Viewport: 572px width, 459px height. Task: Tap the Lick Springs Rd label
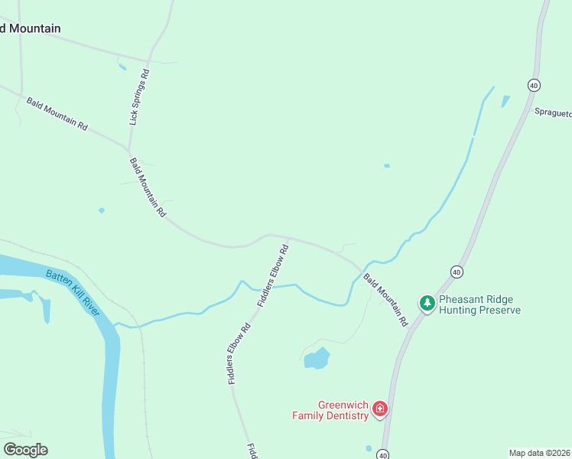tap(139, 97)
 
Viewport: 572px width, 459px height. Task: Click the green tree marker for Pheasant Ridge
tap(427, 304)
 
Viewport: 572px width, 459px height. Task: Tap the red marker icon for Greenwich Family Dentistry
tap(379, 410)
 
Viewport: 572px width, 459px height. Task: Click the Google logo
tap(25, 450)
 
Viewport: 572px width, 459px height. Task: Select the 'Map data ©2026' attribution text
tap(539, 452)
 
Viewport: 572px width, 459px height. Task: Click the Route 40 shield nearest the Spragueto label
tap(533, 85)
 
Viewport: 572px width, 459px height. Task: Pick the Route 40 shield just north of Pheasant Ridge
tap(457, 272)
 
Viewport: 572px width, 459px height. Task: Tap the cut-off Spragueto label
tap(552, 112)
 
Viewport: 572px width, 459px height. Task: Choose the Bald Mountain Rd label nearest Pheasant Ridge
tap(385, 300)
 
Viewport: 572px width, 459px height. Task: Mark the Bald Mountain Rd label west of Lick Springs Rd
tap(57, 112)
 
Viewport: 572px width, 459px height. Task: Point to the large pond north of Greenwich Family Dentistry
tap(316, 358)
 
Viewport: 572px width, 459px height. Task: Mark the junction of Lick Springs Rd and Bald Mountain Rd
tap(128, 148)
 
